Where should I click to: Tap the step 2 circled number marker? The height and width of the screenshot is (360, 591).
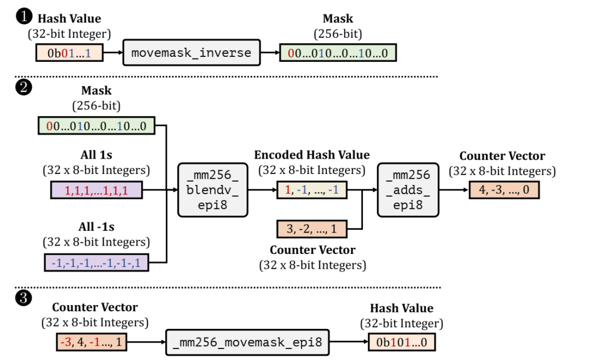(x=24, y=88)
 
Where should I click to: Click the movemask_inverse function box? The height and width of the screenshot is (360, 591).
(x=191, y=53)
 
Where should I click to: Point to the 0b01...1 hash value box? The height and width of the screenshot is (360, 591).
(x=68, y=53)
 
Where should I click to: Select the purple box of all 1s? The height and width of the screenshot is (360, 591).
(x=96, y=190)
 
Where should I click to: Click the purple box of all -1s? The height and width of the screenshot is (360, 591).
(x=96, y=262)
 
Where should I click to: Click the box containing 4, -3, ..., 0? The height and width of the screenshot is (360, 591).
(x=503, y=190)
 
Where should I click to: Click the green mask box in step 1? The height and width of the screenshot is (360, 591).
(x=338, y=53)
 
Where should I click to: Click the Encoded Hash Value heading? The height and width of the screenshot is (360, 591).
(x=312, y=155)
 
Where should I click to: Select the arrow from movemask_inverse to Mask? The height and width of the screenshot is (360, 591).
(x=269, y=53)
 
